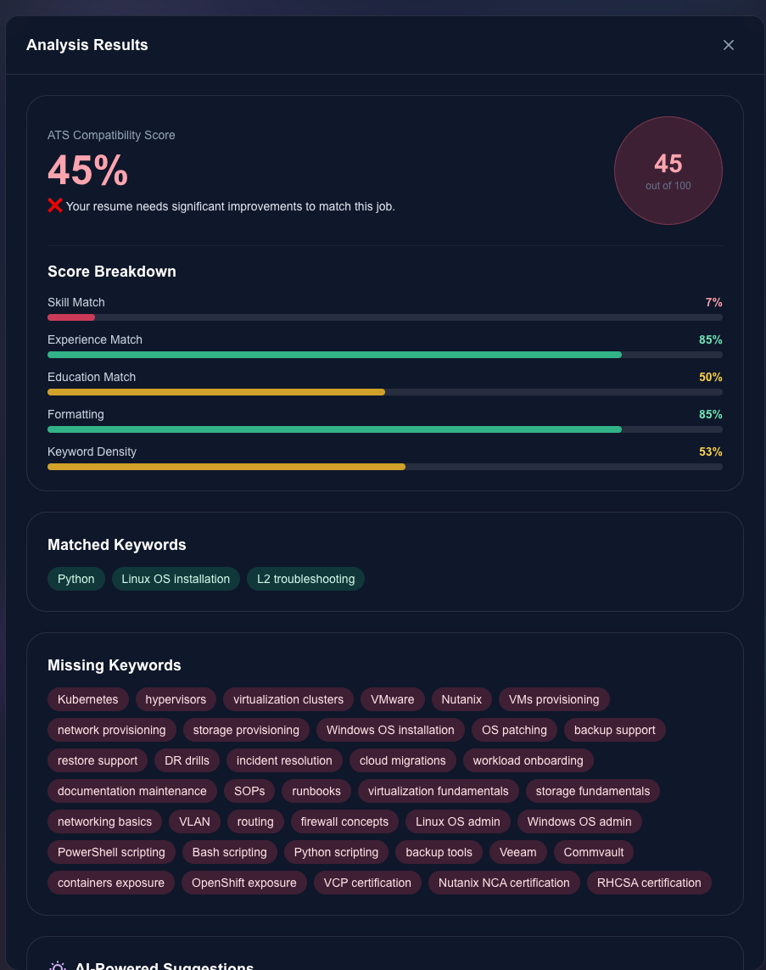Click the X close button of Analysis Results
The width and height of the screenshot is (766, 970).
click(x=728, y=45)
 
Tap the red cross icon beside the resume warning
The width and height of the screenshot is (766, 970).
click(x=55, y=205)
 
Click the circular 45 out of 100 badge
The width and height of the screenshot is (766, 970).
click(x=668, y=171)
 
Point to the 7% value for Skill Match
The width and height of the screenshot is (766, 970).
click(x=713, y=302)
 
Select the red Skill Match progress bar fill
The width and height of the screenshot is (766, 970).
click(x=71, y=317)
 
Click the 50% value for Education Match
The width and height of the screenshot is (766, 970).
click(x=710, y=377)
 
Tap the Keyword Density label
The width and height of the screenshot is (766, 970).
click(x=92, y=451)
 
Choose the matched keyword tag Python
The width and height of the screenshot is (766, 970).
click(x=76, y=579)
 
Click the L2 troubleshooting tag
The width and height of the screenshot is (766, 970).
click(x=305, y=579)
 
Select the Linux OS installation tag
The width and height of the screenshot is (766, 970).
click(x=176, y=579)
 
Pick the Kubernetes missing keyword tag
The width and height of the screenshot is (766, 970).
click(x=88, y=699)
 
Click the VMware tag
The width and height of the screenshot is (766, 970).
click(x=393, y=699)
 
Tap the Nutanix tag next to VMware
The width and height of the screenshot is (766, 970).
click(x=461, y=699)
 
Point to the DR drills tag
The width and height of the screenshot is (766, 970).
click(x=187, y=760)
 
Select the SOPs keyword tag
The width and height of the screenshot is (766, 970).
click(x=249, y=791)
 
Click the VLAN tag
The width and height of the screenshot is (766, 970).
click(x=194, y=821)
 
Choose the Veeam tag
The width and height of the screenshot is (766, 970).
click(x=518, y=852)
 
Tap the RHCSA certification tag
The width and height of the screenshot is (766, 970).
click(x=649, y=883)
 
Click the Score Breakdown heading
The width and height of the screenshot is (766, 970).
click(x=112, y=272)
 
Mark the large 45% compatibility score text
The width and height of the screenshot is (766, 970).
click(x=88, y=171)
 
